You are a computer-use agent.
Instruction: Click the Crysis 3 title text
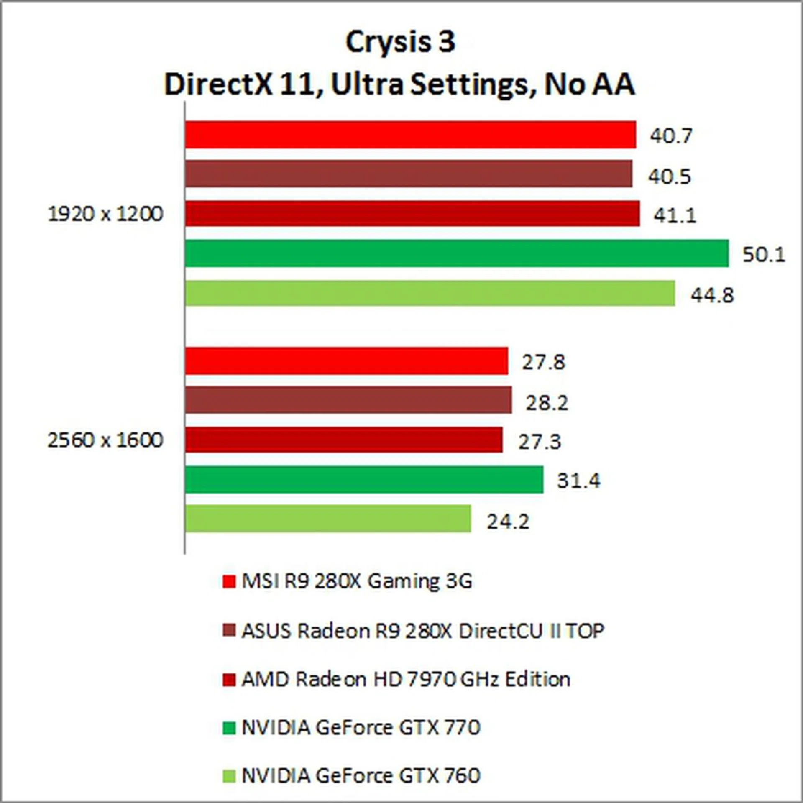pyautogui.click(x=400, y=42)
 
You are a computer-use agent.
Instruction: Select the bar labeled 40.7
pyautogui.click(x=410, y=135)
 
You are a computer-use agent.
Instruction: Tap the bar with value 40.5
pyautogui.click(x=408, y=174)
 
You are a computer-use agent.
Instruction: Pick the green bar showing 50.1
pyautogui.click(x=457, y=253)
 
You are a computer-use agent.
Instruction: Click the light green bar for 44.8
pyautogui.click(x=430, y=293)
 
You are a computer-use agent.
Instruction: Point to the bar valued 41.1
pyautogui.click(x=412, y=213)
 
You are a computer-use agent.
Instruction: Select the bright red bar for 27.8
pyautogui.click(x=347, y=361)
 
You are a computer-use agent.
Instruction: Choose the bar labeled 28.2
pyautogui.click(x=348, y=400)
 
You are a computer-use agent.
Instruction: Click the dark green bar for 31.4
pyautogui.click(x=364, y=479)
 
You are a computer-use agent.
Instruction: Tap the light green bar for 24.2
pyautogui.click(x=328, y=519)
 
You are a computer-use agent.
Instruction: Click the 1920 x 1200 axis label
pyautogui.click(x=105, y=214)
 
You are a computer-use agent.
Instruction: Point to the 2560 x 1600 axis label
pyautogui.click(x=105, y=440)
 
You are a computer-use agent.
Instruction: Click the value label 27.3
pyautogui.click(x=540, y=442)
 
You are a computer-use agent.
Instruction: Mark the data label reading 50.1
pyautogui.click(x=764, y=254)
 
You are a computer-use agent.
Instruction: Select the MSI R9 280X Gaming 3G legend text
pyautogui.click(x=357, y=581)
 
